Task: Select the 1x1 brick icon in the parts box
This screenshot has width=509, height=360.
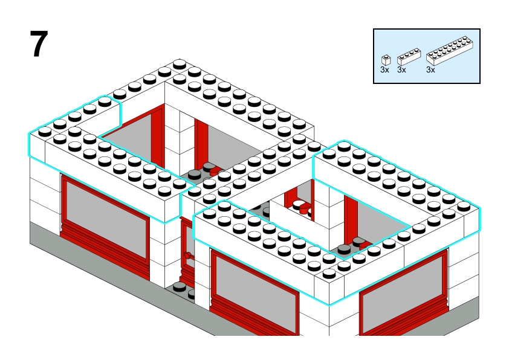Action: click(x=386, y=60)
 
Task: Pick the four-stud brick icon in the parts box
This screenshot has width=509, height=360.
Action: click(x=409, y=56)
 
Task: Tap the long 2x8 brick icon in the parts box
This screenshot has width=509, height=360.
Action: click(x=450, y=51)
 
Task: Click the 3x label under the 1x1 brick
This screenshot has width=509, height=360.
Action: click(x=384, y=70)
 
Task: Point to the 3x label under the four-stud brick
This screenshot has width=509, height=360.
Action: click(x=401, y=70)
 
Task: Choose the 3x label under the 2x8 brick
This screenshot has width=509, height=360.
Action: click(x=430, y=70)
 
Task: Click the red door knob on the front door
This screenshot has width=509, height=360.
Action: click(x=187, y=256)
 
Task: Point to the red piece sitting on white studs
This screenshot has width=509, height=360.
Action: click(x=305, y=208)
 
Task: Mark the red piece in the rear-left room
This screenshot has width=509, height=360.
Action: click(x=216, y=170)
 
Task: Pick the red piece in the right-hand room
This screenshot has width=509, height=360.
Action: click(x=365, y=245)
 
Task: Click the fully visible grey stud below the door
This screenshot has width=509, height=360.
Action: click(x=179, y=287)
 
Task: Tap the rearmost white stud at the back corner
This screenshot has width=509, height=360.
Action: click(x=180, y=64)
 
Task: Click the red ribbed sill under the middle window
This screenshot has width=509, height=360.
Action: click(x=253, y=320)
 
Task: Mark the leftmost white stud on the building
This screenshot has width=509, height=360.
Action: click(x=45, y=131)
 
